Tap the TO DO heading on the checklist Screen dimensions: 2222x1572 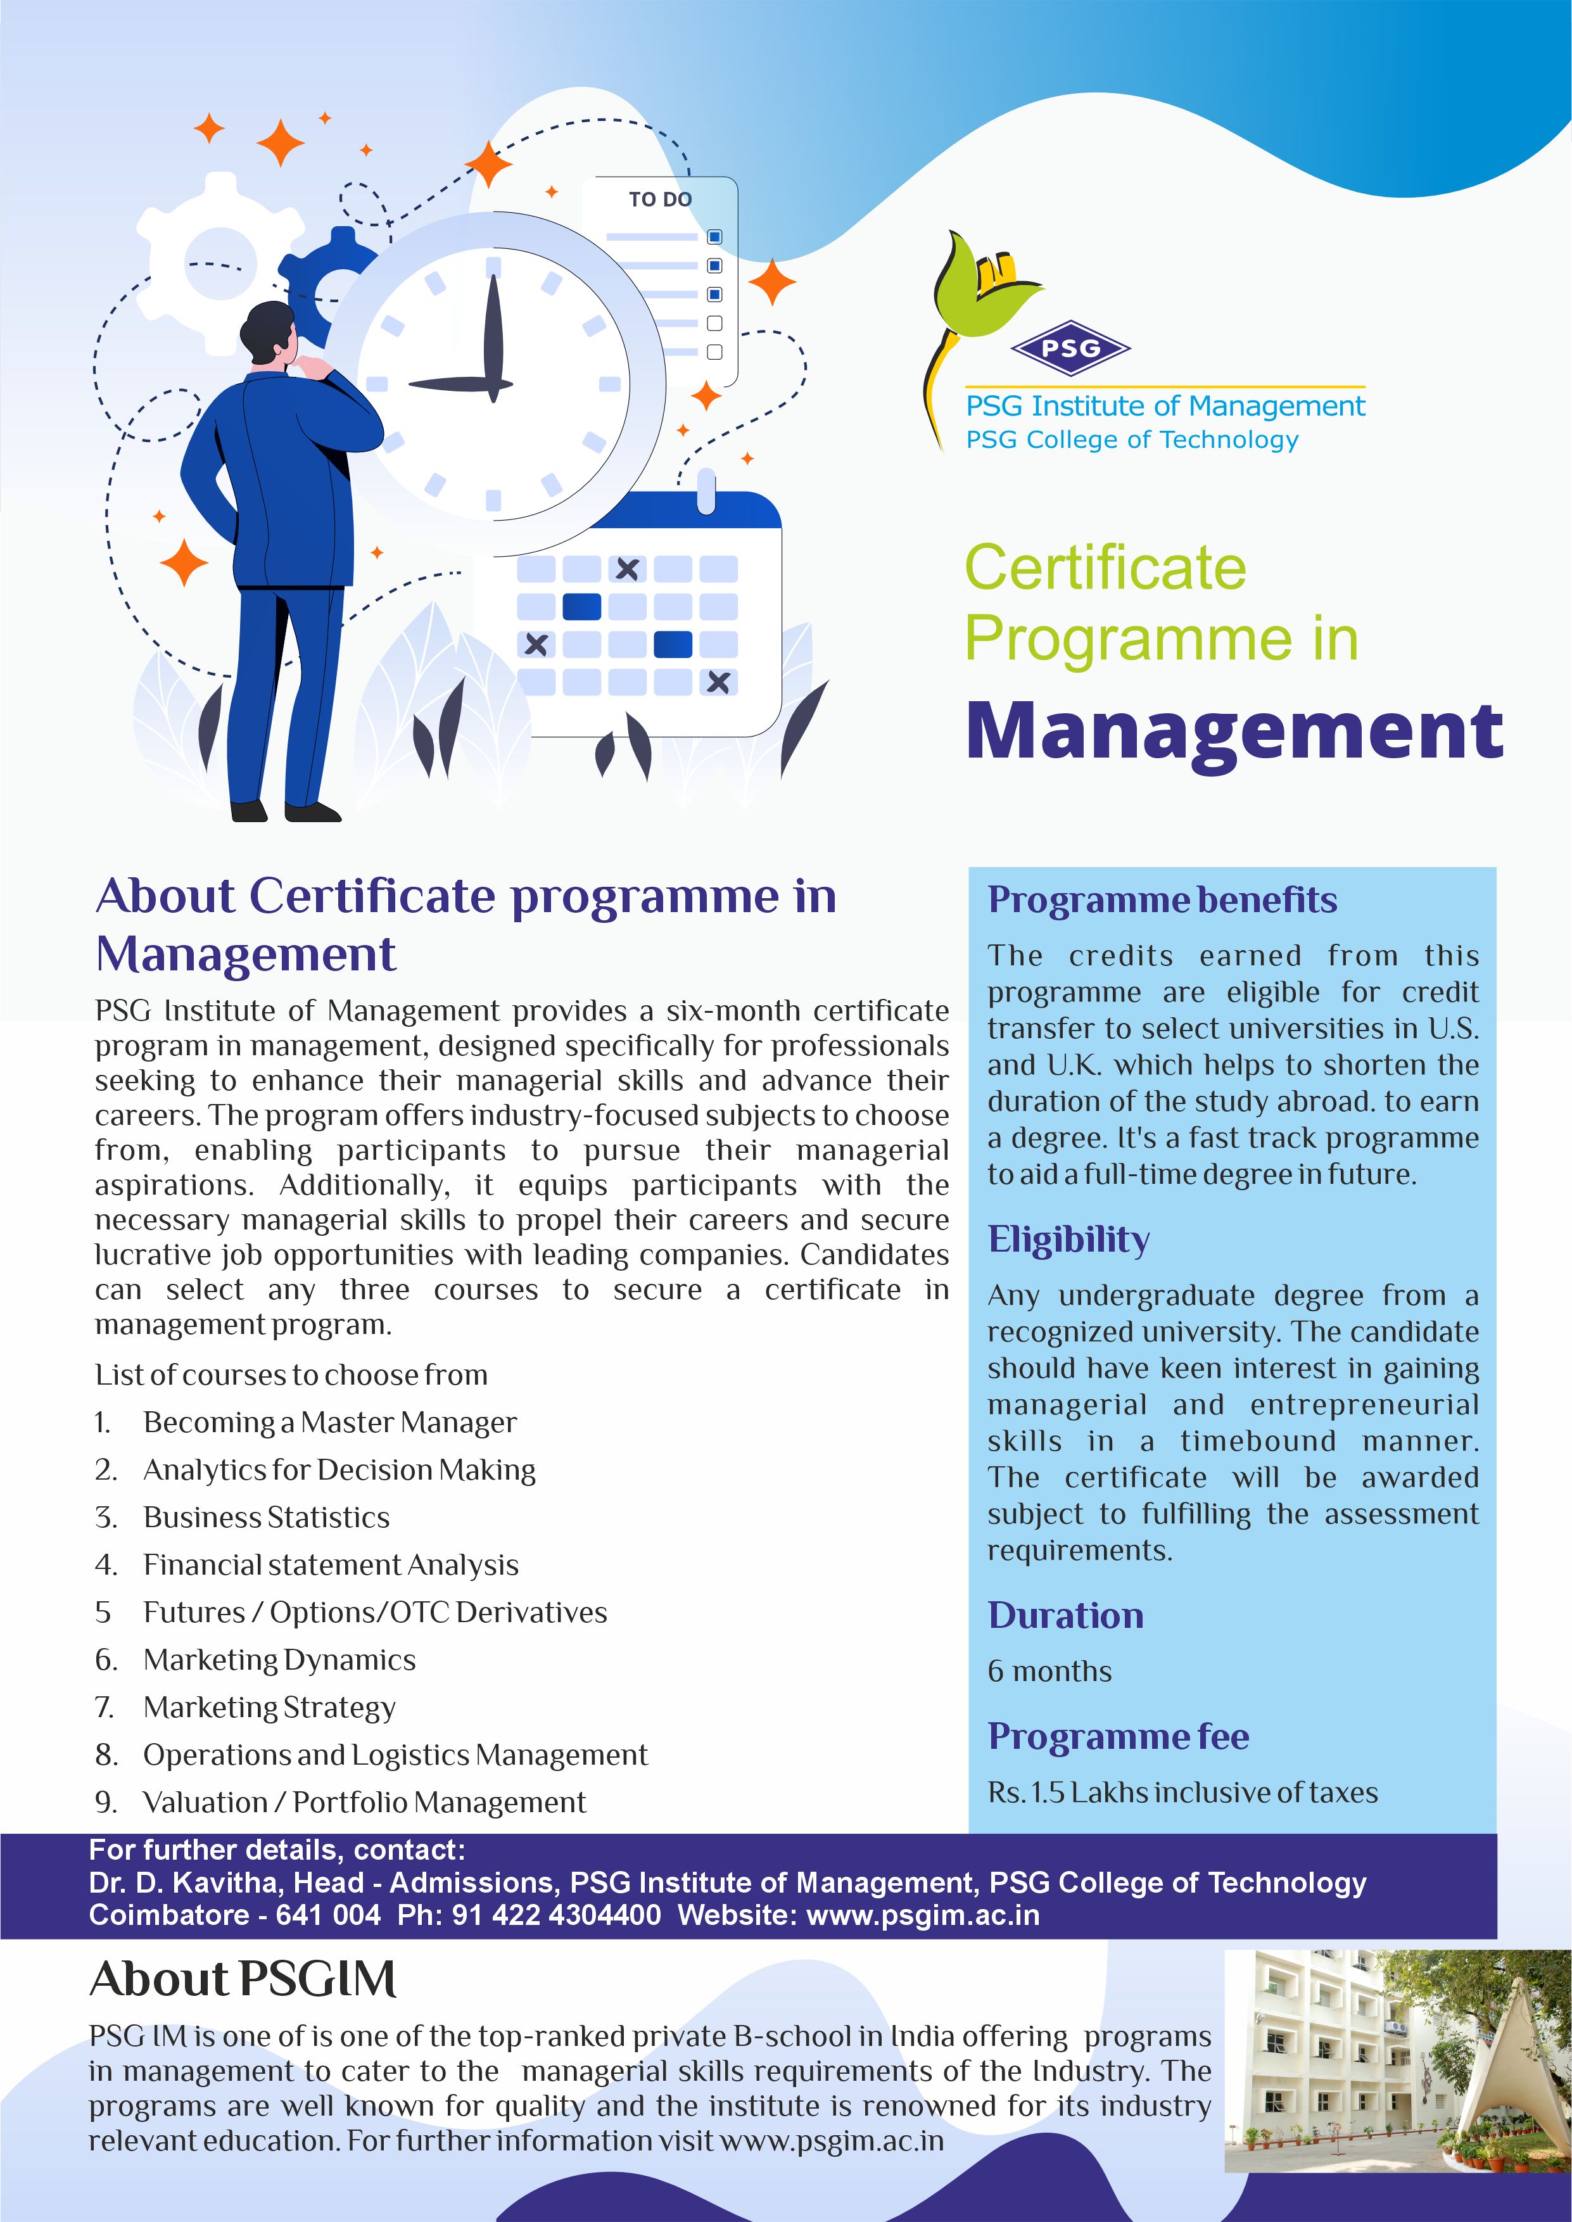[x=659, y=200]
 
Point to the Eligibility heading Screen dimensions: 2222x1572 [x=1068, y=1239]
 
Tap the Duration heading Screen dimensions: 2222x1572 [x=1065, y=1615]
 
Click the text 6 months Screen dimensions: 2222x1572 [x=1049, y=1672]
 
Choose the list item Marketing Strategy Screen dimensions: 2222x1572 [x=269, y=1707]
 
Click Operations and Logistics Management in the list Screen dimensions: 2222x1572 [x=395, y=1755]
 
